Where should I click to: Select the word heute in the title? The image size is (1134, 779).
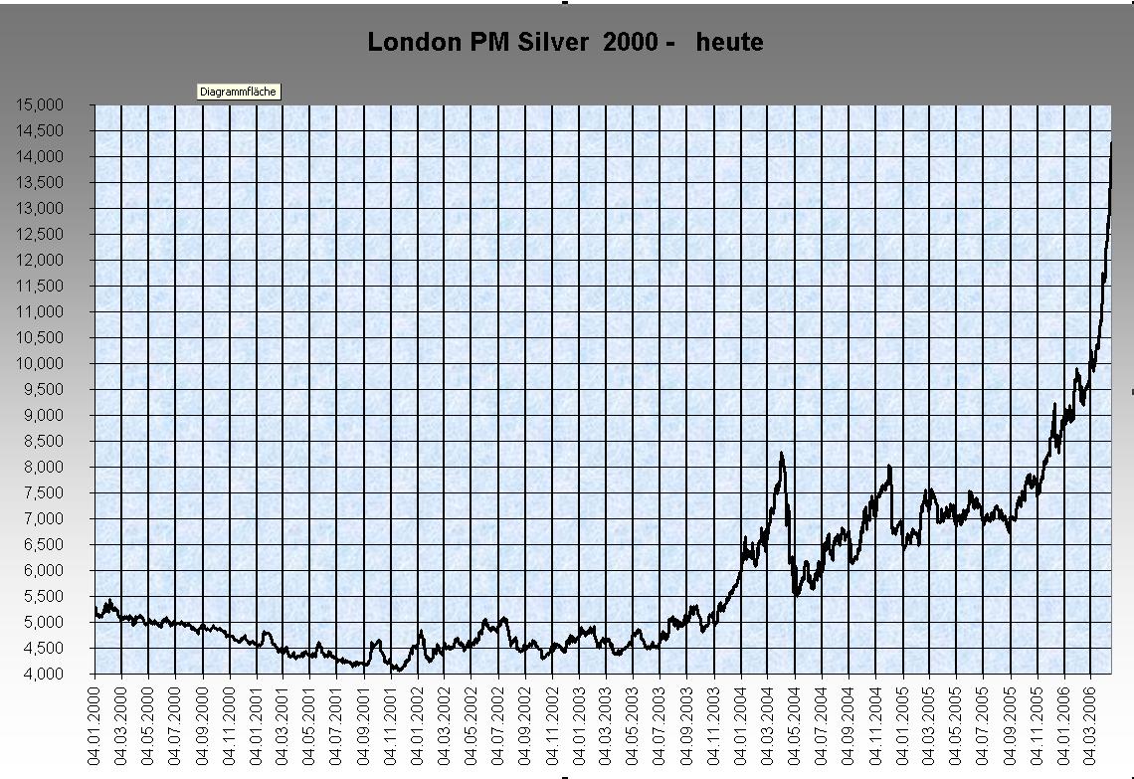(730, 42)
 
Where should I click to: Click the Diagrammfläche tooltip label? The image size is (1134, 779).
(239, 92)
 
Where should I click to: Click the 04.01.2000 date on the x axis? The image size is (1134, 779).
(95, 724)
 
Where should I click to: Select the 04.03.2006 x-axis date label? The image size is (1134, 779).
(1091, 724)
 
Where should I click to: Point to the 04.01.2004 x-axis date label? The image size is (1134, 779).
(741, 724)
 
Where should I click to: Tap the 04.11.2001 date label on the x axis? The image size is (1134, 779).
(391, 724)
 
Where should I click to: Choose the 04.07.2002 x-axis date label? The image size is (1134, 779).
(499, 724)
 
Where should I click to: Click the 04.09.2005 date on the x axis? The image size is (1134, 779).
(1011, 724)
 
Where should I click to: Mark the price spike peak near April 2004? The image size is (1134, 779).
(782, 454)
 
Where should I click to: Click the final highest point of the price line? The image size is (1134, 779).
(1111, 143)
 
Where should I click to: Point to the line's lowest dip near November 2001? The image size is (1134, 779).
(397, 671)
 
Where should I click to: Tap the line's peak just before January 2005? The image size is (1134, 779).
(889, 466)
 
